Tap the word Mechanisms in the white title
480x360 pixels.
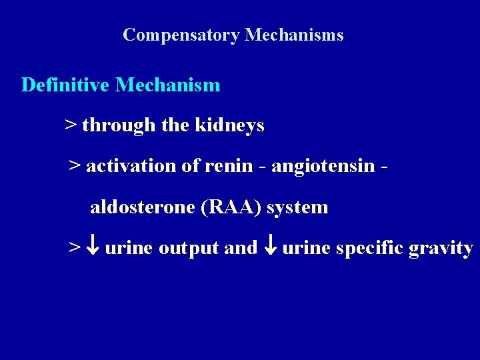[294, 35]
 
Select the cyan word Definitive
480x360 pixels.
[65, 85]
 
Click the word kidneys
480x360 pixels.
[229, 126]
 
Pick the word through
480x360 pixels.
[119, 125]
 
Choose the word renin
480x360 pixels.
[229, 166]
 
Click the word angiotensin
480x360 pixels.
[323, 166]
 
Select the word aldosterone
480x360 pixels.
[143, 207]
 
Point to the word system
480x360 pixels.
[297, 207]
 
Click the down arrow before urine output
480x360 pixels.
[93, 248]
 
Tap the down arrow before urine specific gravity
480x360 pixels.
[270, 248]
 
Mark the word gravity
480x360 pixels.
[441, 248]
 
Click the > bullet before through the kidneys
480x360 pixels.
[70, 125]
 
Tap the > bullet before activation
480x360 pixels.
[75, 166]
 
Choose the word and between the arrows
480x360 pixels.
[241, 248]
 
